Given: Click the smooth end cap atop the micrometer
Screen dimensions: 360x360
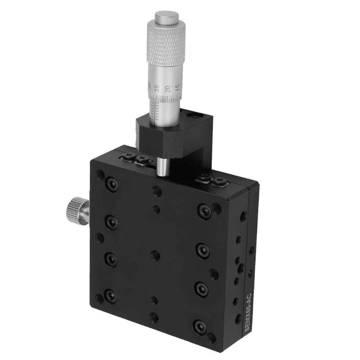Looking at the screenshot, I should coord(165,18).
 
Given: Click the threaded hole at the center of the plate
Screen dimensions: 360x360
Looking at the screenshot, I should coord(156,254).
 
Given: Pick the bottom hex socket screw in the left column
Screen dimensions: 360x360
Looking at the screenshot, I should coord(110,296).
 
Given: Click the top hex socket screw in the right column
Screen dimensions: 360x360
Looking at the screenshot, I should coord(204,209).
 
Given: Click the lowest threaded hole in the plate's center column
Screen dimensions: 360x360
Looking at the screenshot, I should coord(154,317).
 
